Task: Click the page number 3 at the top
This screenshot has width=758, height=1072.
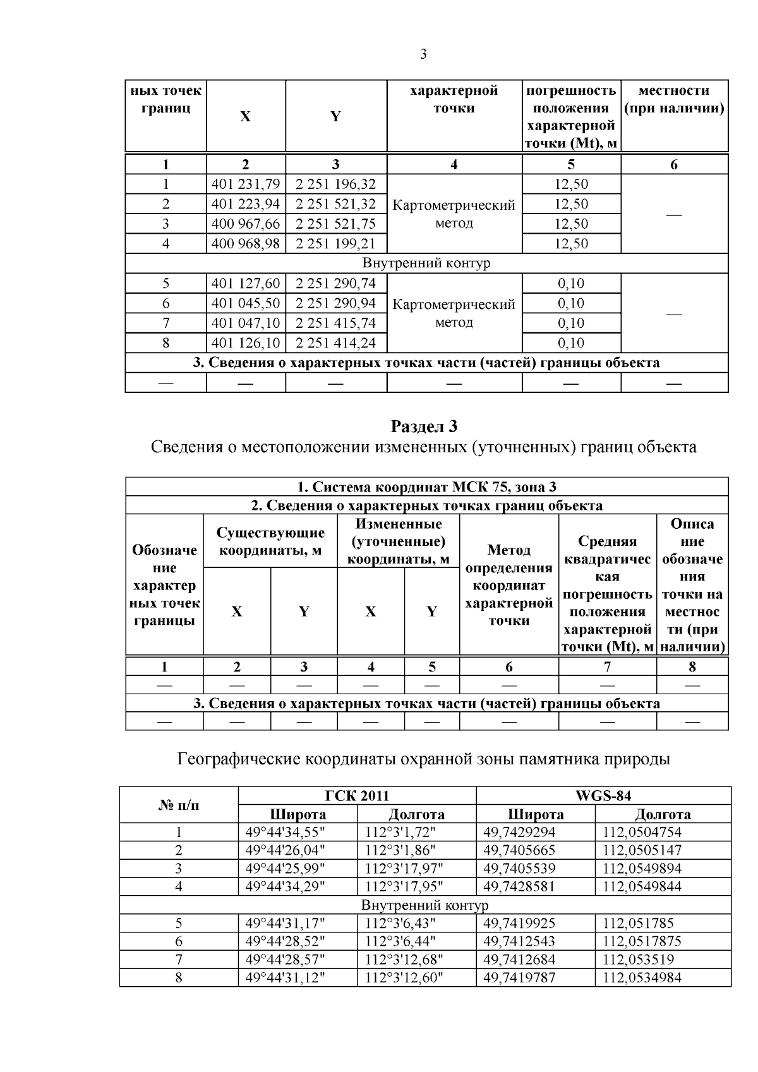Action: pyautogui.click(x=423, y=54)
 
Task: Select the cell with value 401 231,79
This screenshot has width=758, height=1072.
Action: pyautogui.click(x=246, y=184)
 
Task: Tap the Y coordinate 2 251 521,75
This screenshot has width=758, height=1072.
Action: pyautogui.click(x=335, y=224)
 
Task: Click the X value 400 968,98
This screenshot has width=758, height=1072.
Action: pyautogui.click(x=246, y=244)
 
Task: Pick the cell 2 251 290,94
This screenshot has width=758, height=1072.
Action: pyautogui.click(x=335, y=303)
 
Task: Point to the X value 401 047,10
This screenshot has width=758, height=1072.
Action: pyautogui.click(x=246, y=323)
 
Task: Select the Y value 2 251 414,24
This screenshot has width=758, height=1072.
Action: pyautogui.click(x=335, y=343)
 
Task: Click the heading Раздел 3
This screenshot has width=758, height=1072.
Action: pyautogui.click(x=424, y=426)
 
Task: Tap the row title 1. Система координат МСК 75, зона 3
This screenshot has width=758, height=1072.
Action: pyautogui.click(x=426, y=487)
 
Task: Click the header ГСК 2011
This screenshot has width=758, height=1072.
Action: pyautogui.click(x=356, y=795)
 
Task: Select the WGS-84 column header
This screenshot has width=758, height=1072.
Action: pyautogui.click(x=603, y=795)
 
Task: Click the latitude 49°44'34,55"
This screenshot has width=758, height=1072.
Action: pyautogui.click(x=285, y=832)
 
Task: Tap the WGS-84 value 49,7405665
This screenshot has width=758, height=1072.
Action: pyautogui.click(x=519, y=850)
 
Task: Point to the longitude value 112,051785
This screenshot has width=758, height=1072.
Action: pyautogui.click(x=638, y=924)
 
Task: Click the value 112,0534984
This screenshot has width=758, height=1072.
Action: pyautogui.click(x=642, y=978)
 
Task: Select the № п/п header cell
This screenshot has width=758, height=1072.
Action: pyautogui.click(x=179, y=805)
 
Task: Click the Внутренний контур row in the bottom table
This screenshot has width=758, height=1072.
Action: pyautogui.click(x=424, y=905)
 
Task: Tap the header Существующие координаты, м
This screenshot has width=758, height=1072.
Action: pyautogui.click(x=270, y=541)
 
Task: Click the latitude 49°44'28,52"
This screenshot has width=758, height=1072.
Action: pyautogui.click(x=285, y=942)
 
